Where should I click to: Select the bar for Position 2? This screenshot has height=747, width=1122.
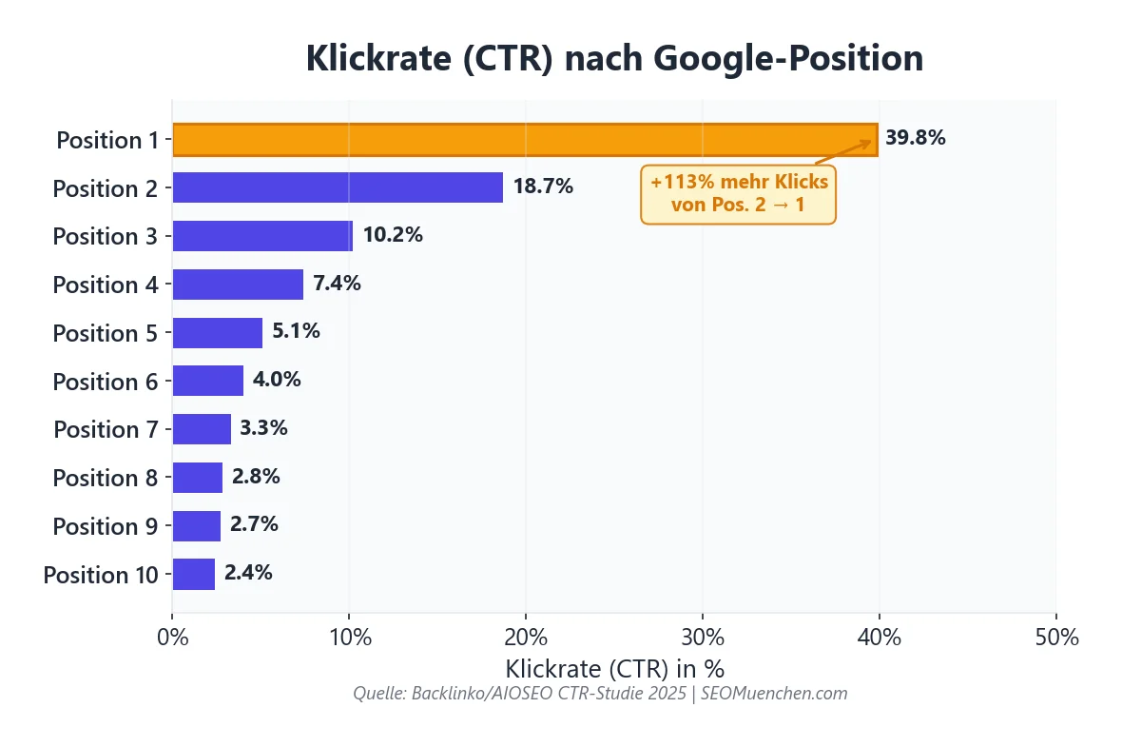coord(338,187)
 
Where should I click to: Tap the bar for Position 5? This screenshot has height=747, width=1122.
coord(217,333)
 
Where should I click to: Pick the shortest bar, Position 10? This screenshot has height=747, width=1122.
coord(193,574)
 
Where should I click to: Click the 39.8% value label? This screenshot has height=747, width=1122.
coord(915,138)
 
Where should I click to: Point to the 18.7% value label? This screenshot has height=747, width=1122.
coord(543,187)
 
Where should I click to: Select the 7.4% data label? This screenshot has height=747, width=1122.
coord(337,284)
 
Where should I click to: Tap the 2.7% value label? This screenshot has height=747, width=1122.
coord(254,524)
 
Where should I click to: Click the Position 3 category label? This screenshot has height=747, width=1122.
coord(105,236)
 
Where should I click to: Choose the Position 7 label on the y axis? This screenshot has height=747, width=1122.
coord(106,429)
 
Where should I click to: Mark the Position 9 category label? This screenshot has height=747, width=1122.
coord(105,526)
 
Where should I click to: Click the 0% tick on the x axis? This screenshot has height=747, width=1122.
coord(172,637)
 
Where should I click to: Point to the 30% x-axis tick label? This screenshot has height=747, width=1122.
coord(702,637)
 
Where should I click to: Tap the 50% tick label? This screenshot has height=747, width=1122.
coord(1055,637)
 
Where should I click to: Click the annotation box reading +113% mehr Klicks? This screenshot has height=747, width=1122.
coord(739,193)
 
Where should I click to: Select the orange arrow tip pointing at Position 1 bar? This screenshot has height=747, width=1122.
coord(870,143)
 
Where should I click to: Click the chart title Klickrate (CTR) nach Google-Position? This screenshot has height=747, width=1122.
coord(614,59)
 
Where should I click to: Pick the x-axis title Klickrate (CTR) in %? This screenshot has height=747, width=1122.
coord(614,668)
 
